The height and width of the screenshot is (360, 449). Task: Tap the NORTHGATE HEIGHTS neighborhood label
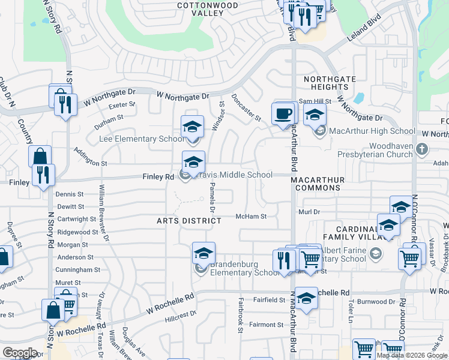326,83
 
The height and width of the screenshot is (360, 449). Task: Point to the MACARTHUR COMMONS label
316,184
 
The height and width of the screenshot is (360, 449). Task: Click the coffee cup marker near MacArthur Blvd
282,113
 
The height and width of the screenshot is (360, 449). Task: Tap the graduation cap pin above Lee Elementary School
193,127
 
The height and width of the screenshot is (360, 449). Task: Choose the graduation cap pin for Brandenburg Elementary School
203,253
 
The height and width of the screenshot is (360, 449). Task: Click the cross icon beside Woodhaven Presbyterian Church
422,149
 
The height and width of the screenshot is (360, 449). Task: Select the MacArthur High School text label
372,131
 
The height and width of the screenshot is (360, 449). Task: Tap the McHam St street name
250,216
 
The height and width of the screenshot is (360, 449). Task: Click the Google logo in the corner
20,353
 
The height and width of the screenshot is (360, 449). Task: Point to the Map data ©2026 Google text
412,355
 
